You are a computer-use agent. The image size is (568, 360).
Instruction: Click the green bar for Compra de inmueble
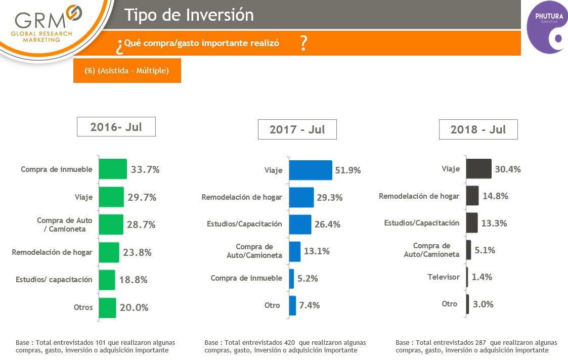click(x=112, y=169)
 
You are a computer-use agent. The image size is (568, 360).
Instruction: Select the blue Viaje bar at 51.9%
click(x=310, y=170)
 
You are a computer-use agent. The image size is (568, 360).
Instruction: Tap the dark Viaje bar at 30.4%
click(x=478, y=169)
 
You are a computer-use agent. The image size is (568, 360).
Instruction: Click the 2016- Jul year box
click(x=116, y=127)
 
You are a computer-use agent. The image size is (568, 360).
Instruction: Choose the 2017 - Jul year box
click(x=297, y=129)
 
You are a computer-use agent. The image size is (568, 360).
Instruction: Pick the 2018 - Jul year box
click(x=478, y=129)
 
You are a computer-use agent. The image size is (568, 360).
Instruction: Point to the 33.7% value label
click(x=145, y=170)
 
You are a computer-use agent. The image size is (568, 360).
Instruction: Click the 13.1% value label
click(x=317, y=251)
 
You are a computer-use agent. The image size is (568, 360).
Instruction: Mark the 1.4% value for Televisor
click(x=482, y=277)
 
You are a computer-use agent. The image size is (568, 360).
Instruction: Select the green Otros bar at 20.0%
click(x=107, y=307)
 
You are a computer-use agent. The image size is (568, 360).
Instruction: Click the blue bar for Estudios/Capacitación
click(x=300, y=224)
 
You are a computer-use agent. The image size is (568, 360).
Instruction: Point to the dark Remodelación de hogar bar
click(x=472, y=196)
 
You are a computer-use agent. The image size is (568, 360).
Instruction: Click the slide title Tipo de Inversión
click(x=189, y=15)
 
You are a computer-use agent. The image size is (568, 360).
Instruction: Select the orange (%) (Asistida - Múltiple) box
click(x=127, y=71)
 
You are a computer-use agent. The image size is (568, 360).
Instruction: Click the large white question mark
click(x=303, y=44)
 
